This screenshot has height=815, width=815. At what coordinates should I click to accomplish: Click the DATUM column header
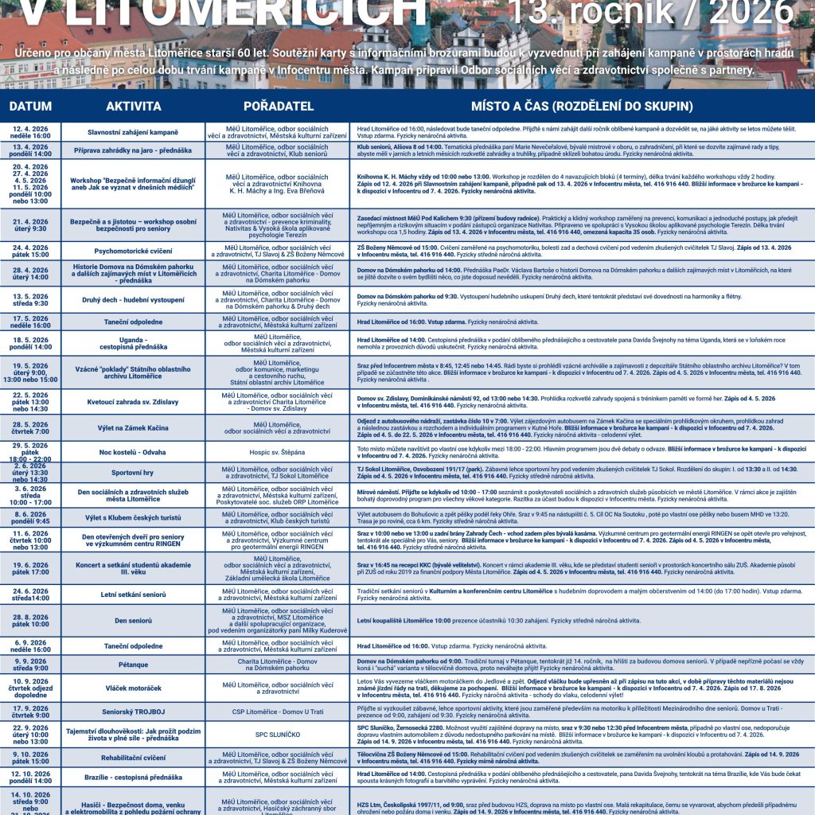click(x=31, y=106)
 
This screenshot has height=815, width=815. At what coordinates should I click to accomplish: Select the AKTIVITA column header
click(x=134, y=106)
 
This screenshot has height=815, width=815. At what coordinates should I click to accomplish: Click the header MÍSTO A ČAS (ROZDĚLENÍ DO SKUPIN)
click(x=581, y=106)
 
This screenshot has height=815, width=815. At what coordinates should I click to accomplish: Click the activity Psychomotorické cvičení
click(x=133, y=251)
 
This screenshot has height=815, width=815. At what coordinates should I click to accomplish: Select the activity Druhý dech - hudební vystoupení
click(x=133, y=300)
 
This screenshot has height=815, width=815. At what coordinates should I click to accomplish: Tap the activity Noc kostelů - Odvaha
click(x=133, y=452)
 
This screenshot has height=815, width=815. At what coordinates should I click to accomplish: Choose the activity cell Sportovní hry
click(x=133, y=473)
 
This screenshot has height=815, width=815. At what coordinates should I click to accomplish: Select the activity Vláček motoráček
click(x=133, y=687)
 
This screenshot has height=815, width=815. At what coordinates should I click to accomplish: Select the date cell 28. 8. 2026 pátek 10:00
click(x=31, y=620)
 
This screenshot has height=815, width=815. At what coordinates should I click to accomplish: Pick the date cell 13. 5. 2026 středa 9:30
click(x=31, y=300)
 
